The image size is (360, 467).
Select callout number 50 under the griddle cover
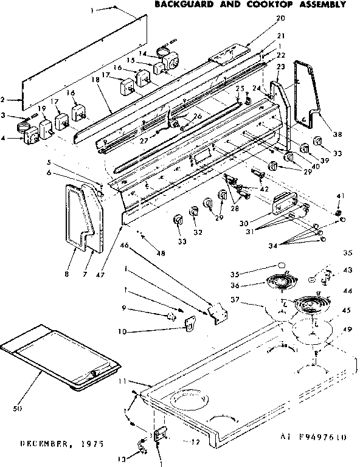pos(18,408)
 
